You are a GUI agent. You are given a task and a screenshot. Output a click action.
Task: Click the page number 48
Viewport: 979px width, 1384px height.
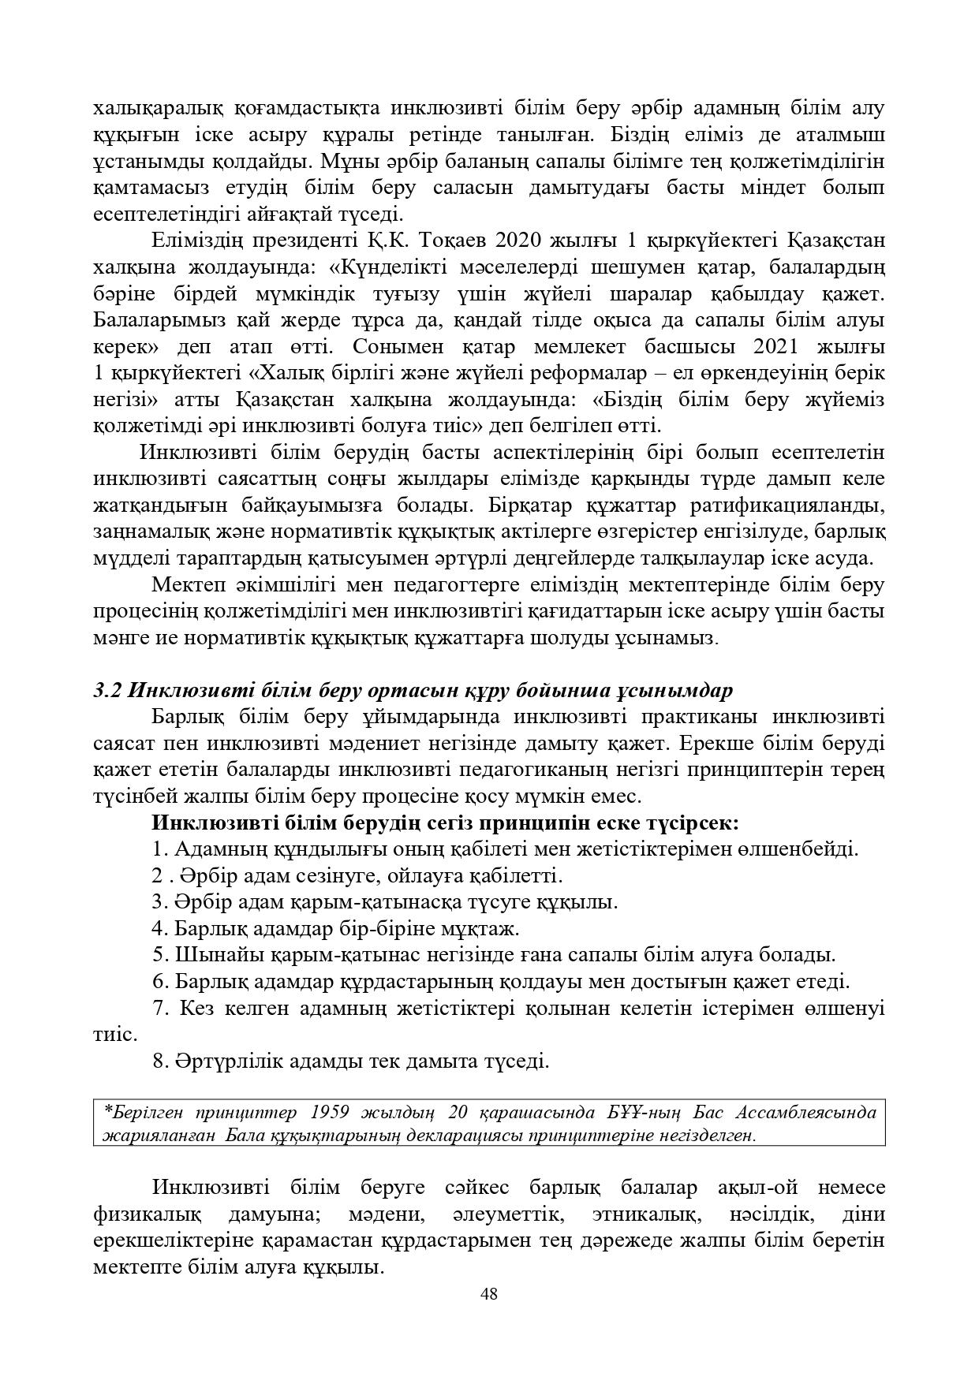(x=489, y=1293)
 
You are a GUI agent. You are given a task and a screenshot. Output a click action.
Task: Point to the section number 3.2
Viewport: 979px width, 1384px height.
(x=106, y=690)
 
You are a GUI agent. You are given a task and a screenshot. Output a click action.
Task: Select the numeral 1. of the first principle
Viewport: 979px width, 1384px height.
(x=160, y=849)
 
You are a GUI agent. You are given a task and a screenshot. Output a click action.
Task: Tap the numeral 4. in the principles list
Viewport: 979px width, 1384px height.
(x=160, y=928)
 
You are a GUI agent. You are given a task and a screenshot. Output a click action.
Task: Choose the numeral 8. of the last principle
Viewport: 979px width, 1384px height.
(x=160, y=1061)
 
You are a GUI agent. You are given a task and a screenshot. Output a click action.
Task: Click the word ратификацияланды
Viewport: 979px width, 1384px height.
(x=798, y=505)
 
